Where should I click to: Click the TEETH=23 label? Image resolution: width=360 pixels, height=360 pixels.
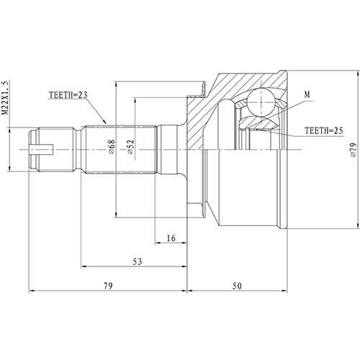point(70,95)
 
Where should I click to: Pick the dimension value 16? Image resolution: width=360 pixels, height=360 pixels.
point(171,238)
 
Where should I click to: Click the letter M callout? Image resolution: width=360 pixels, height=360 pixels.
point(307,94)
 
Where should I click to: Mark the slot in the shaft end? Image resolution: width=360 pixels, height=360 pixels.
point(42,150)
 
